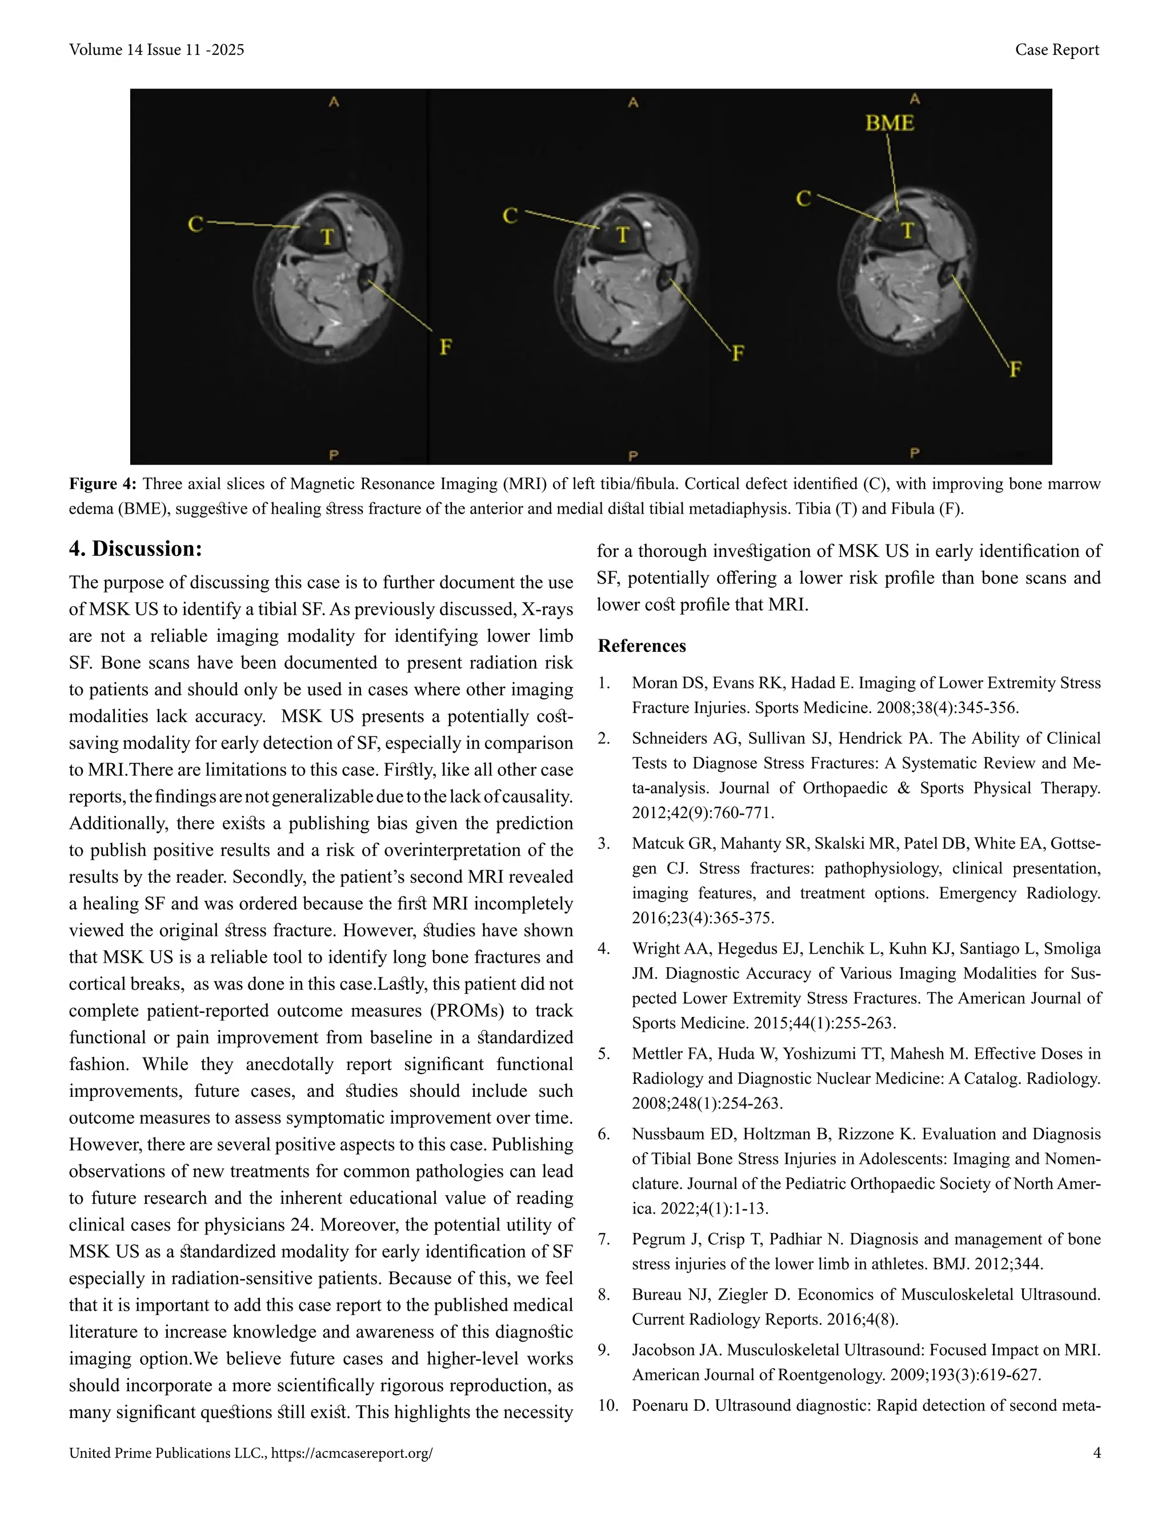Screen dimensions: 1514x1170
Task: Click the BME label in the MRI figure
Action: click(x=889, y=123)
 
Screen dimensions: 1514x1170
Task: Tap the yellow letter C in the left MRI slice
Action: click(x=195, y=224)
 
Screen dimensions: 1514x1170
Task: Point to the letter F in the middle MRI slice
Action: click(x=738, y=354)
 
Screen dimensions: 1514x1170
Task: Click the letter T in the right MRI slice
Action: click(x=907, y=230)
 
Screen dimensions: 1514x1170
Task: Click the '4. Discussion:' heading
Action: click(x=135, y=548)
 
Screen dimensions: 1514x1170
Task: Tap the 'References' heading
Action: click(x=642, y=646)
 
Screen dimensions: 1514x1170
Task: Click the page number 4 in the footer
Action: click(x=1096, y=1453)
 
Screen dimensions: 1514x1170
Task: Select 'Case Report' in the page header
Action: click(x=1057, y=50)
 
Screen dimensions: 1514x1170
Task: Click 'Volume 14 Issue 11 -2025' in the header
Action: click(x=157, y=50)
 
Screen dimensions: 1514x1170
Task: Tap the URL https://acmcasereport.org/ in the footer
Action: click(x=352, y=1453)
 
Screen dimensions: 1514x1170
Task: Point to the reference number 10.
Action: click(x=607, y=1405)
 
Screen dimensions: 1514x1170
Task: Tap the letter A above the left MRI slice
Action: click(x=334, y=102)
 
